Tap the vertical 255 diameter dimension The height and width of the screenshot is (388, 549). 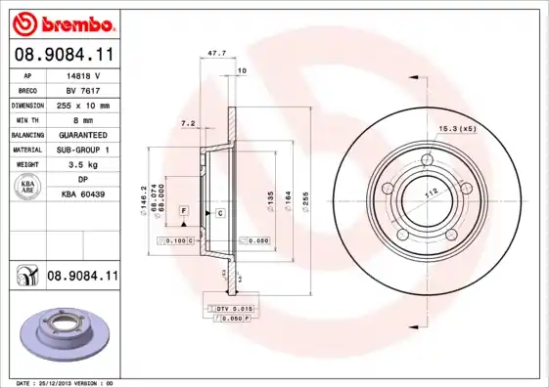click(308, 198)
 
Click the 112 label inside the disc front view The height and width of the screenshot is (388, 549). click(430, 193)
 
